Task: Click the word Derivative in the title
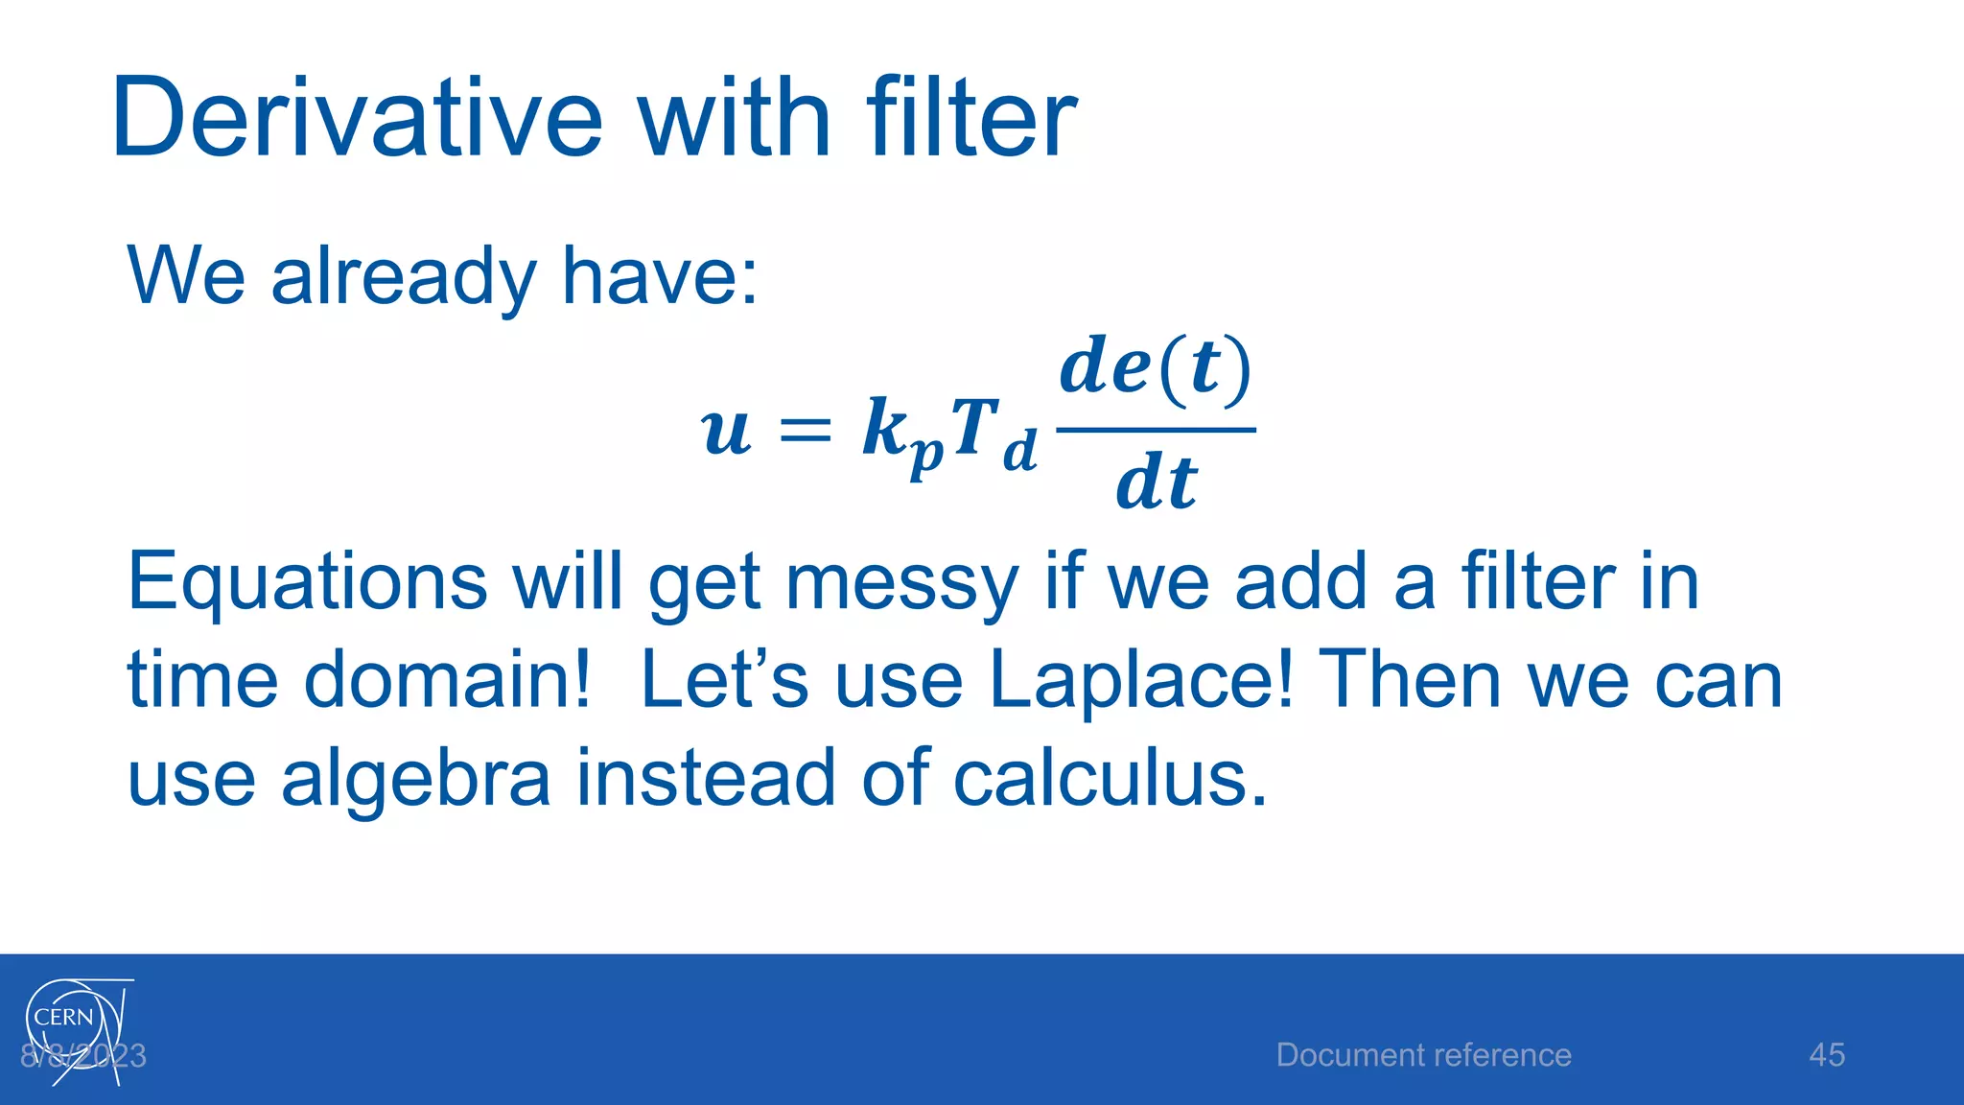357,119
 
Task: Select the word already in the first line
403,277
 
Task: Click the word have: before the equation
659,275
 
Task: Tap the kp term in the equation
901,434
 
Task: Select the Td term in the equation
994,434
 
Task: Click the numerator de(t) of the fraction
1156,369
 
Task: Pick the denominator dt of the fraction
1156,482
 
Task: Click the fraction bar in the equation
1156,430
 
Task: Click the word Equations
307,582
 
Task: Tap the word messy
901,582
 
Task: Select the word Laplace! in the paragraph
1141,680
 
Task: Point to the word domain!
447,680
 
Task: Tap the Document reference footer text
1423,1055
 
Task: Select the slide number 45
1826,1055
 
